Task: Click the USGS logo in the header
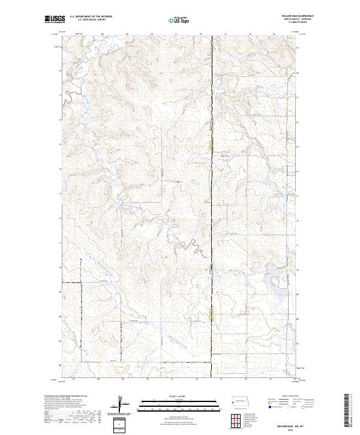54,20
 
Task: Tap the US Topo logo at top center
179,20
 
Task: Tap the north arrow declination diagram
119,404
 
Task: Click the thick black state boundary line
212,180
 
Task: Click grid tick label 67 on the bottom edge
73,379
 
